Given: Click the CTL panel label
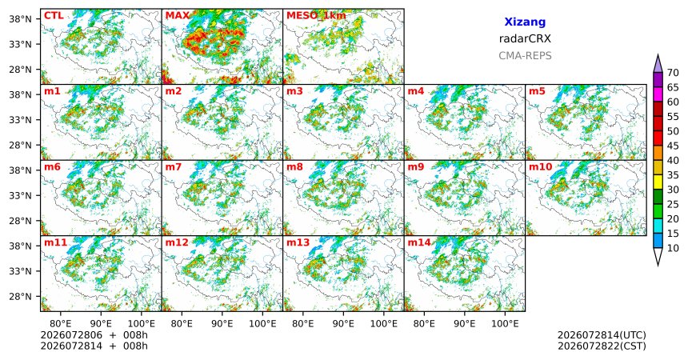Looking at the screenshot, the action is (x=54, y=16).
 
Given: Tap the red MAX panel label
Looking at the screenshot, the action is (x=178, y=16).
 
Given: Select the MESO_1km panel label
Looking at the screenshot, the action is (x=316, y=16).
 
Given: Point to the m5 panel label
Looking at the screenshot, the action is (x=537, y=91).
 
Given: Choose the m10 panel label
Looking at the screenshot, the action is (x=540, y=167).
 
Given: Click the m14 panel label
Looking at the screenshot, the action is (x=419, y=242).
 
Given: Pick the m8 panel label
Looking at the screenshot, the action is (x=294, y=167).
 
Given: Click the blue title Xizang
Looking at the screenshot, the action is (x=525, y=22).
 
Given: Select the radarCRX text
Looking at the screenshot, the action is (x=525, y=38).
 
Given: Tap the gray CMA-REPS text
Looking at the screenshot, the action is (x=525, y=56).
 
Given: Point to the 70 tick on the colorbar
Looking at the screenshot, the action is (x=672, y=73).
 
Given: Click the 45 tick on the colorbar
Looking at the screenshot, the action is (x=672, y=146).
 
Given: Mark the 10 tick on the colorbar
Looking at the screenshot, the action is (x=672, y=248).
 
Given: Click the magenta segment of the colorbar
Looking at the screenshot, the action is (x=658, y=94).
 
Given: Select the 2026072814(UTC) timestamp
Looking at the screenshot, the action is (x=602, y=335).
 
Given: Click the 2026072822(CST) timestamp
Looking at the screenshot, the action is (x=602, y=346).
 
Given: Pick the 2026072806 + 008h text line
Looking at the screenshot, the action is (x=94, y=335).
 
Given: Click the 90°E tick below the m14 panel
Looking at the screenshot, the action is (x=465, y=324).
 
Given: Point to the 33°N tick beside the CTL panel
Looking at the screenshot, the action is (x=20, y=44).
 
